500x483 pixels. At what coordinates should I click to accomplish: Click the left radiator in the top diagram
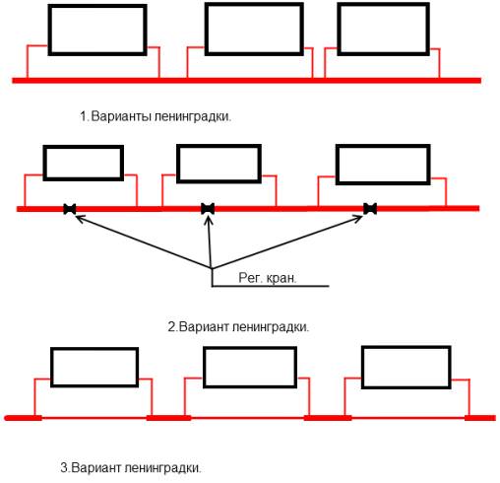point(96,30)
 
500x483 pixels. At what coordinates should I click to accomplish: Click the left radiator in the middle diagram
point(84,162)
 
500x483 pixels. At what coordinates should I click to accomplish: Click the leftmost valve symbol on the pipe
point(70,209)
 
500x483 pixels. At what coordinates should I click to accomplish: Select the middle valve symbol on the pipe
point(208,209)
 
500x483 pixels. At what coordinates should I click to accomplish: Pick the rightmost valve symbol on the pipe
point(370,209)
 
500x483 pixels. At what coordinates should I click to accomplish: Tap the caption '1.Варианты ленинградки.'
point(161,117)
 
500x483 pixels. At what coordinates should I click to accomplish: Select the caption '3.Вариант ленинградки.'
point(134,467)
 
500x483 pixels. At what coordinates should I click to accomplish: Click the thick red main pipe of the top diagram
point(246,79)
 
